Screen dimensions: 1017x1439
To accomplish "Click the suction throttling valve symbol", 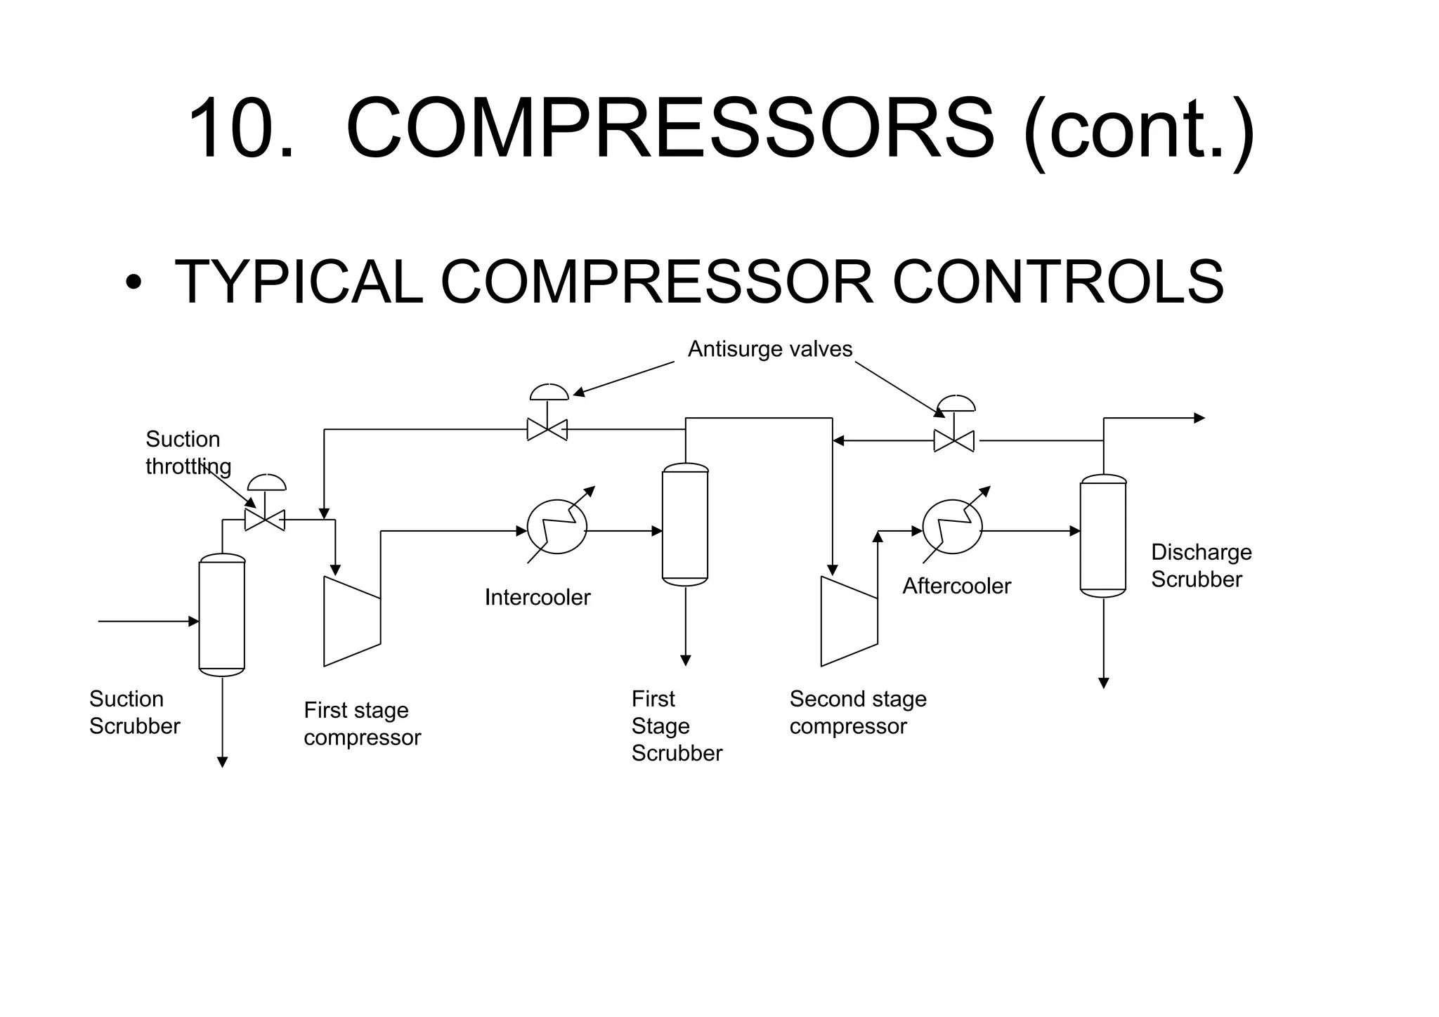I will [265, 519].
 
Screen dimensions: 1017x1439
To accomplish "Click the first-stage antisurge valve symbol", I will [547, 428].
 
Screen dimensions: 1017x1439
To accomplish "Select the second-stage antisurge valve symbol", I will [953, 440].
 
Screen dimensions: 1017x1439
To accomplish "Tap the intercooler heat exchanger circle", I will [557, 527].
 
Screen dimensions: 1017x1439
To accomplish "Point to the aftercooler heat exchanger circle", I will [952, 527].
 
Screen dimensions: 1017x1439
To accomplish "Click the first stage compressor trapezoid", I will [351, 622].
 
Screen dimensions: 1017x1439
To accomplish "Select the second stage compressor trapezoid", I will [849, 622].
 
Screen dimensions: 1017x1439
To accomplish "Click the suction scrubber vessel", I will [222, 615].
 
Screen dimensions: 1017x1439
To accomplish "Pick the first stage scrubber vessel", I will [685, 525].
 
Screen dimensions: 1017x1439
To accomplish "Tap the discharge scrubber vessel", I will [1102, 536].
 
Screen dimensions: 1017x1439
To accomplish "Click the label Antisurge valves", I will [769, 349].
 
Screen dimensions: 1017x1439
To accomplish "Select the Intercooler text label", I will [538, 597].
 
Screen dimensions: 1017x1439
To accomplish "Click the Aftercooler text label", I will [956, 586].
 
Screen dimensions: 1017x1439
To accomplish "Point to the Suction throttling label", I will [187, 452].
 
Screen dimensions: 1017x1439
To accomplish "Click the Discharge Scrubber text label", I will [1201, 565].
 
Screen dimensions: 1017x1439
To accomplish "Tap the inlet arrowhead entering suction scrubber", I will [195, 622].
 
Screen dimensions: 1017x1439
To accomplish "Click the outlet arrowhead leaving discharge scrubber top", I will [1199, 419].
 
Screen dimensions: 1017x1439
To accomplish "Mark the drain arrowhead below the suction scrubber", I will [222, 762].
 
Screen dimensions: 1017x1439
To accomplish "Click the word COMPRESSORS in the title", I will [670, 129].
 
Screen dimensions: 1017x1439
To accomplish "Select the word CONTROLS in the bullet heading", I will [1057, 282].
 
